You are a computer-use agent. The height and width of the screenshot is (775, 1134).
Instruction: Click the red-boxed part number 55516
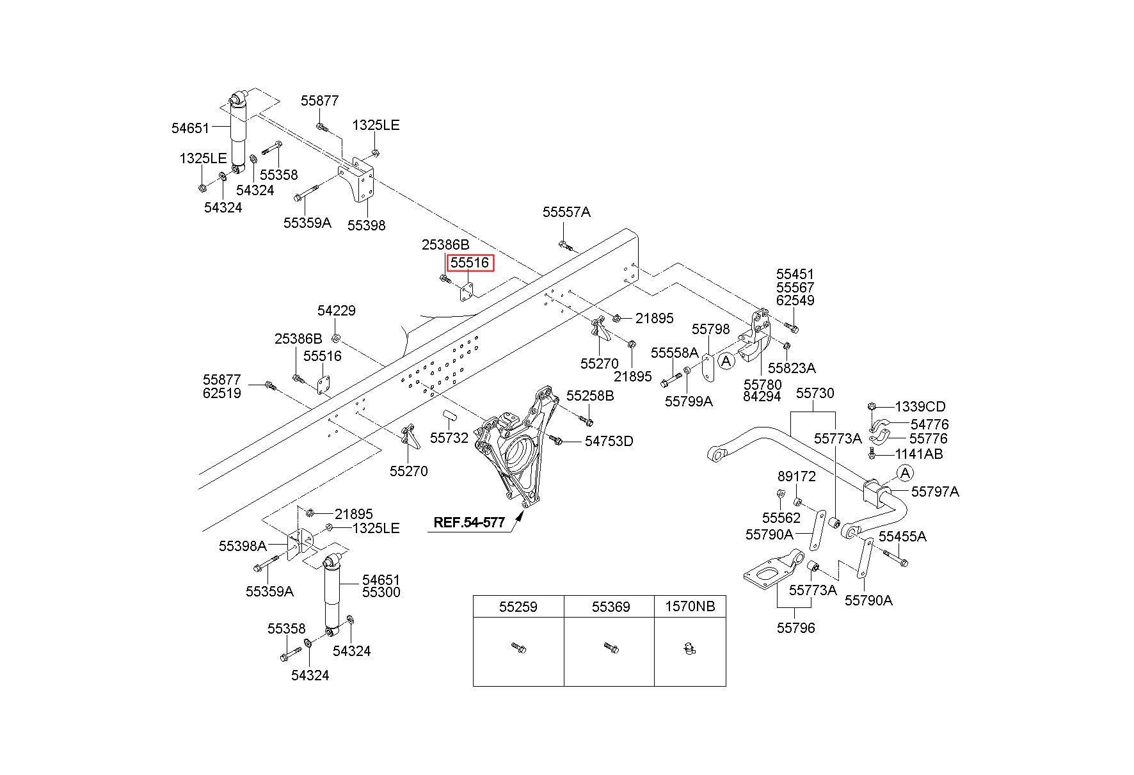[x=470, y=263]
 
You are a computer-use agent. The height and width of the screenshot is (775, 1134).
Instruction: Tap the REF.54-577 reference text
[x=469, y=522]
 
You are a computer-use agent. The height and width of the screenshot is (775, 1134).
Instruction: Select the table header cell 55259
[x=518, y=607]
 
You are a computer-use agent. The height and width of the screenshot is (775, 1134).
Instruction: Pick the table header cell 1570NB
[x=690, y=607]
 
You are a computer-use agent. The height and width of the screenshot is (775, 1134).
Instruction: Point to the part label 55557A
[x=566, y=212]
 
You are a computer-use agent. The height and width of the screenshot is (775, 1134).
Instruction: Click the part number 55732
[x=449, y=438]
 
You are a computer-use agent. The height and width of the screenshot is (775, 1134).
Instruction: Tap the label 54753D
[x=609, y=441]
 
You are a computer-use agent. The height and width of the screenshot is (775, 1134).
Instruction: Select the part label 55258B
[x=590, y=396]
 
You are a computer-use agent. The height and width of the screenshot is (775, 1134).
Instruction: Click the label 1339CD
[x=920, y=407]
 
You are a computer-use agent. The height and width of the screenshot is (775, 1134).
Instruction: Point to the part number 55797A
[x=935, y=491]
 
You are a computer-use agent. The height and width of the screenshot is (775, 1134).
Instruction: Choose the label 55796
[x=796, y=628]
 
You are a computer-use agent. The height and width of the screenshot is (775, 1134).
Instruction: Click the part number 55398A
[x=243, y=546]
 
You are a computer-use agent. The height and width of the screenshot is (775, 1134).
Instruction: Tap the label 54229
[x=337, y=310]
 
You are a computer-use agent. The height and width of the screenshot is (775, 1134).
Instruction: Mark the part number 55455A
[x=902, y=536]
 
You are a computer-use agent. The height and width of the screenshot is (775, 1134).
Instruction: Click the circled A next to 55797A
[x=905, y=474]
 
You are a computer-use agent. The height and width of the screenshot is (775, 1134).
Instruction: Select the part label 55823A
[x=792, y=368]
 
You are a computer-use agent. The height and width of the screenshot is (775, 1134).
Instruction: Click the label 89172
[x=797, y=477]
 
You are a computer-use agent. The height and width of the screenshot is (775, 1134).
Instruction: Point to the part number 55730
[x=815, y=393]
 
